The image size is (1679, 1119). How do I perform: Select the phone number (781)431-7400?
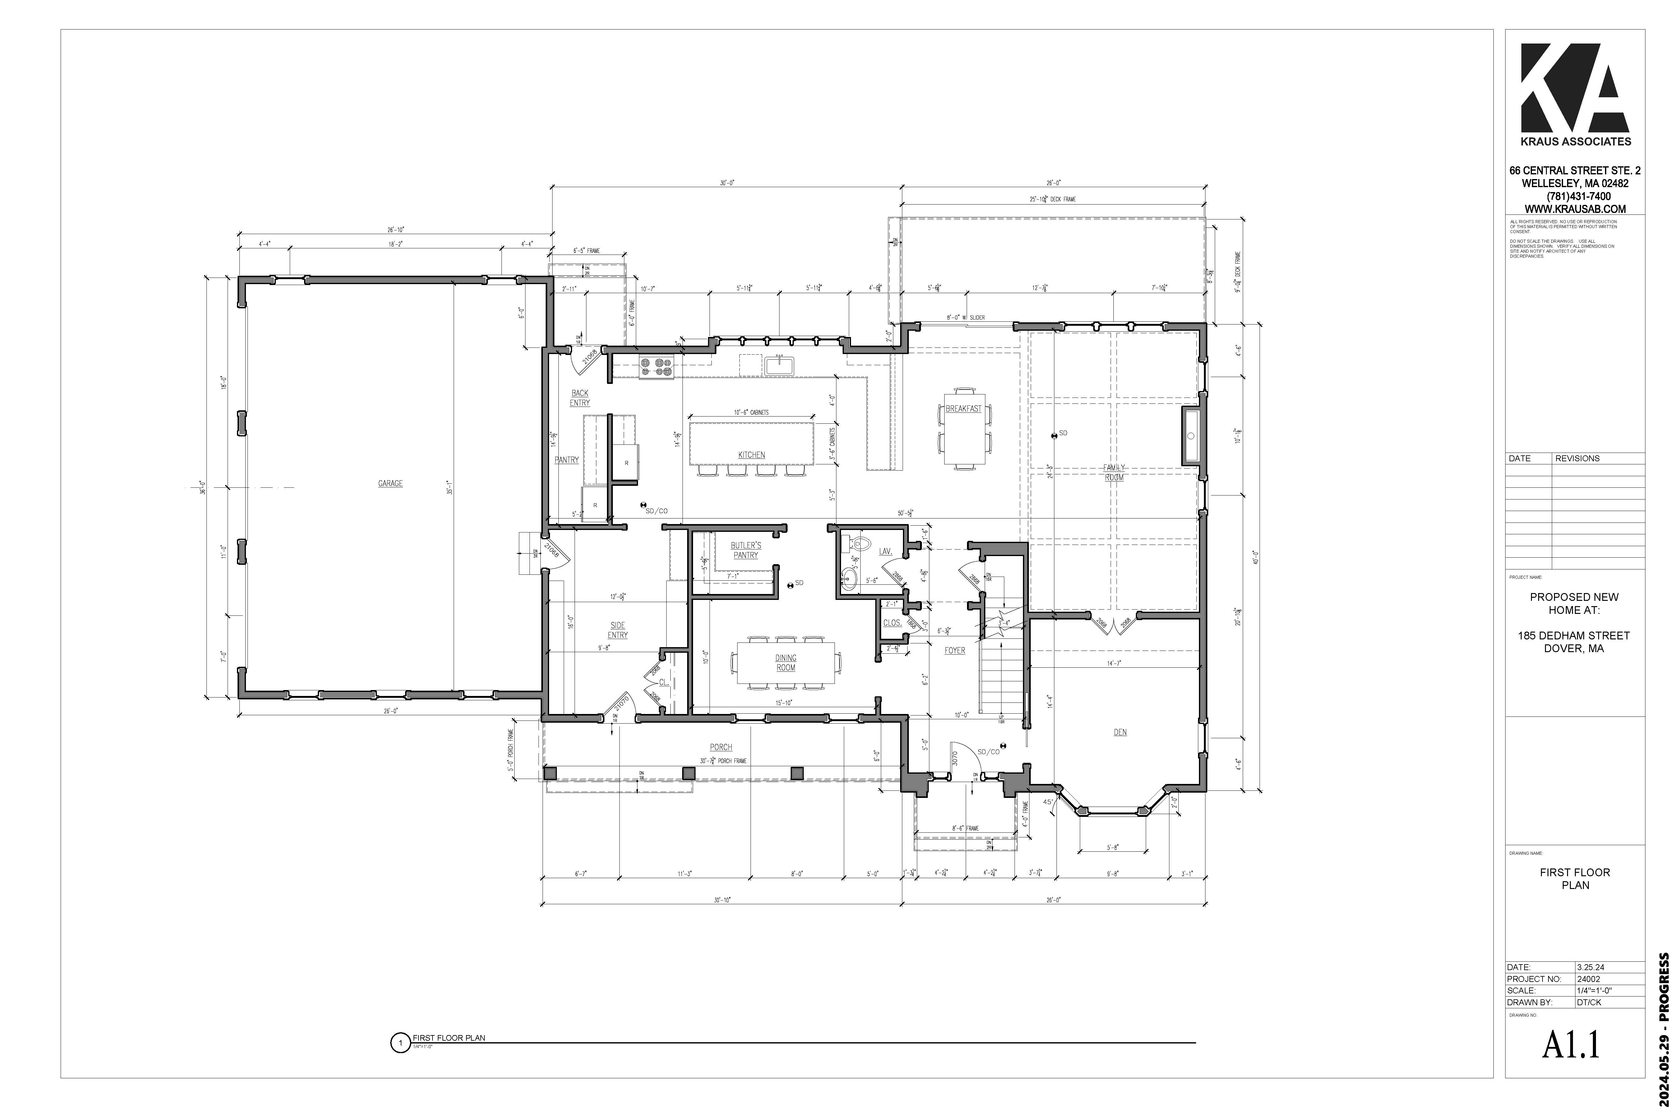coord(1575,196)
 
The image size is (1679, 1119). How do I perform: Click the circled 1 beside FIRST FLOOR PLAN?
coord(400,1043)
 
